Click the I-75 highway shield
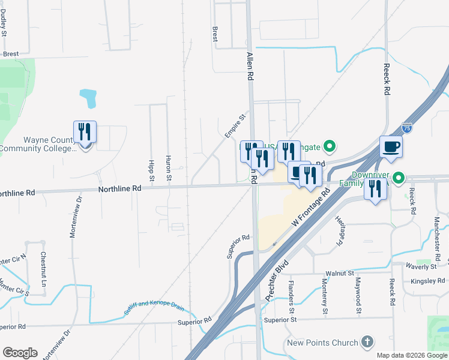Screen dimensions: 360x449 point(407,128)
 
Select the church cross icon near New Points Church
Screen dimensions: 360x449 point(367,343)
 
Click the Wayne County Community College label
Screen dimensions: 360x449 point(37,144)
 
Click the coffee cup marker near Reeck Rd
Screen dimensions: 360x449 point(391,146)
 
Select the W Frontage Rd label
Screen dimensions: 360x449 point(311,209)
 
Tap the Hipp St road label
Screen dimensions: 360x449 point(151,170)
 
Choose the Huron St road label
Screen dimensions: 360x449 point(169,170)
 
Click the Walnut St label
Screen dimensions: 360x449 point(342,273)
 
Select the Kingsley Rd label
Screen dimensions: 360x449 point(426,281)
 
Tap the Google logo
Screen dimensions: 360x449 point(20,353)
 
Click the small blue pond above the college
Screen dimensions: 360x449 point(88,97)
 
